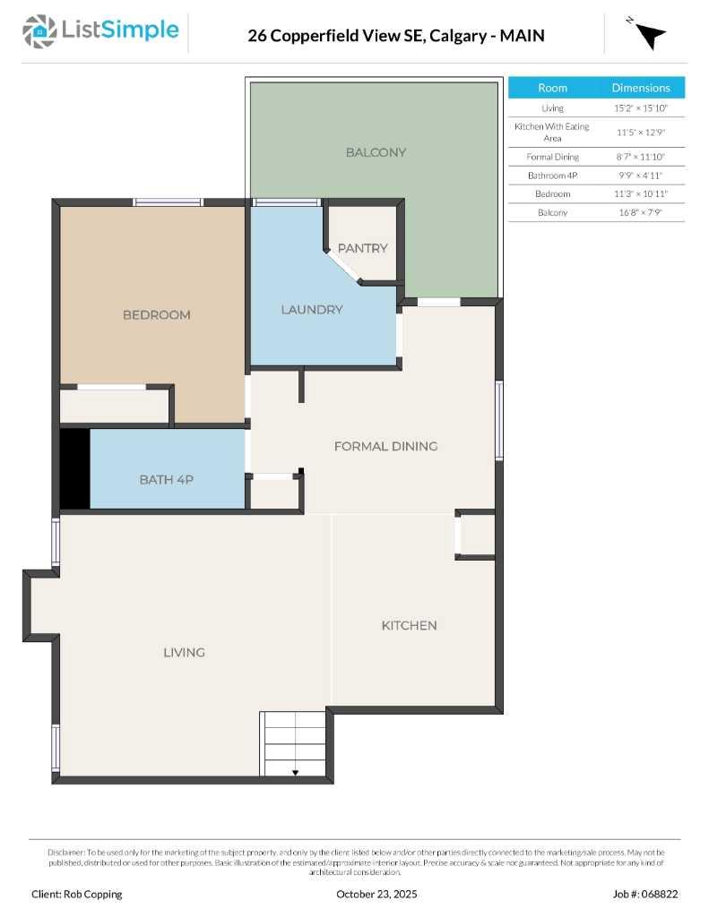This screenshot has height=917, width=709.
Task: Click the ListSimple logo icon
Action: point(38,31)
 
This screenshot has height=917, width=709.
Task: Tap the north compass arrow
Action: point(650,34)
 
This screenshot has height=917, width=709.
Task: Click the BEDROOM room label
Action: point(156,315)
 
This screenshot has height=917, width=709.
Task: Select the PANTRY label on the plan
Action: point(362,248)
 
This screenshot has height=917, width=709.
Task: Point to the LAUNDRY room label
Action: point(312,310)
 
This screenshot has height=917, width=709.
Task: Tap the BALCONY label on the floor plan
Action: point(376,152)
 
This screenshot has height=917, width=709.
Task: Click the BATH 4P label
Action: point(166,480)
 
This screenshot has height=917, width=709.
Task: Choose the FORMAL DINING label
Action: point(385,446)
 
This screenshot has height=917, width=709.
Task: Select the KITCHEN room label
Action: point(409,625)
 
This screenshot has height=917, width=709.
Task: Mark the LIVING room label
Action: point(184,652)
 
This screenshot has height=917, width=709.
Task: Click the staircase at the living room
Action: point(293,743)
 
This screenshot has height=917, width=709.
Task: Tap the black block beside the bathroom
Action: point(74,469)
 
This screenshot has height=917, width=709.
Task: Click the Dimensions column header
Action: point(640,88)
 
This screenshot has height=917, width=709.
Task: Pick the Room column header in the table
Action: point(552,88)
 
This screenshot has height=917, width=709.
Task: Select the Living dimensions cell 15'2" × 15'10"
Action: point(640,108)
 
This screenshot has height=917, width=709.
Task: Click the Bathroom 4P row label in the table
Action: point(552,176)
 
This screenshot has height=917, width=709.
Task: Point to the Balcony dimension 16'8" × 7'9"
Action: point(640,213)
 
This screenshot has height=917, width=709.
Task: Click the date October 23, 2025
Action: point(376,894)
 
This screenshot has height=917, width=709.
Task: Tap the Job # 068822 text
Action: point(645,894)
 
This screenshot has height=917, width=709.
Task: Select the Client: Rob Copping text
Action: point(76,894)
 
